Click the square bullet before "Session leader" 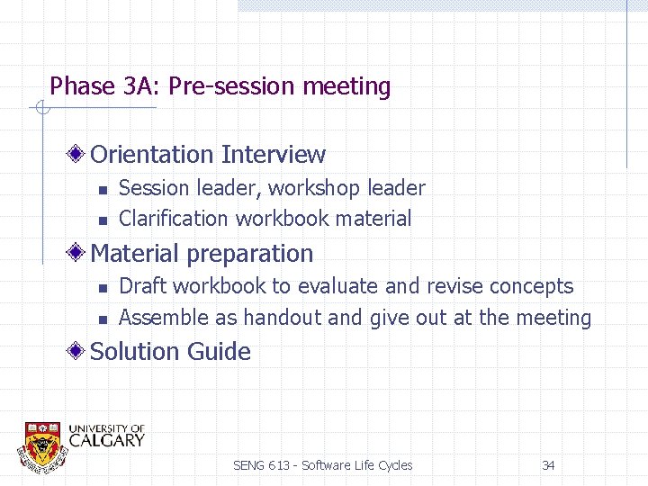tap(103, 189)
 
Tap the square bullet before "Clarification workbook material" tap(103, 220)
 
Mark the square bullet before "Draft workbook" tap(103, 288)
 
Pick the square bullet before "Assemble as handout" tap(103, 319)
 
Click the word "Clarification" tap(174, 219)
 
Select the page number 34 tap(548, 465)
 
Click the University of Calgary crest tap(43, 445)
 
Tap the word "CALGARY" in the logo tap(106, 440)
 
